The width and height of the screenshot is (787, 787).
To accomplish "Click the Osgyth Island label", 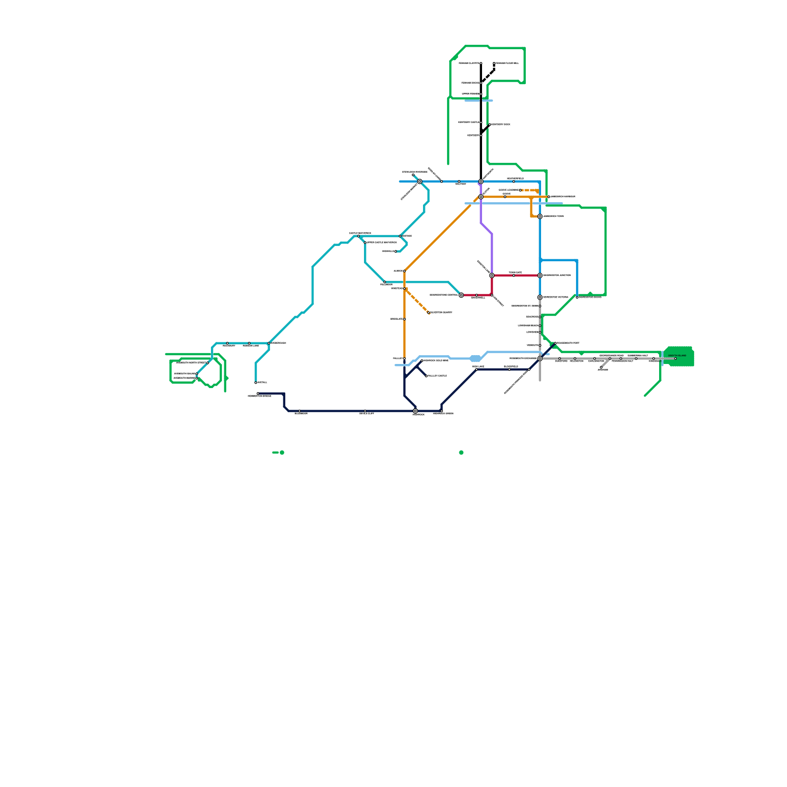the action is point(677,355).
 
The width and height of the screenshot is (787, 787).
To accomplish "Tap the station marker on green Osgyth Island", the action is point(675,359).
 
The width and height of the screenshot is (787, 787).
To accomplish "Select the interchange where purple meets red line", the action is point(492,275).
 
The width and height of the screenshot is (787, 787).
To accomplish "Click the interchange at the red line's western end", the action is point(461,295).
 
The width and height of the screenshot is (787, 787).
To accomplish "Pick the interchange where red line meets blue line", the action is point(540,275).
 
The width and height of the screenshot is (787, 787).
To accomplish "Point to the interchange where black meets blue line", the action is point(481,182).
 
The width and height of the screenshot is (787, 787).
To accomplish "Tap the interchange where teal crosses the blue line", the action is point(420,182).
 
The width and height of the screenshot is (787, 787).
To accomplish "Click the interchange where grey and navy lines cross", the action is point(540,359).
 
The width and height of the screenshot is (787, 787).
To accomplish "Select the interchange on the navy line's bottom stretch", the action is point(415,411).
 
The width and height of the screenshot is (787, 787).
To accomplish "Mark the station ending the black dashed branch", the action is point(494,63).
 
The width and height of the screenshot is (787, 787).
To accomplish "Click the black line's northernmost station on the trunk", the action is point(481,63).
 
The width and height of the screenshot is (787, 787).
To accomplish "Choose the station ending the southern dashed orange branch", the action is point(428,313).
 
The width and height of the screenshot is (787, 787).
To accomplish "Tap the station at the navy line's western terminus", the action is point(258,393).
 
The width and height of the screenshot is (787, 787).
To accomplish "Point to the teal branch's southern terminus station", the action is point(256,383).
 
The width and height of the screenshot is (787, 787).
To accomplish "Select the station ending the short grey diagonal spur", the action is point(601,367).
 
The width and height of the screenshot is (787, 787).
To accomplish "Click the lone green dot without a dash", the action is point(461,453).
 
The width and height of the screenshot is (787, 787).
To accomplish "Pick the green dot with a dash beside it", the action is point(282,453).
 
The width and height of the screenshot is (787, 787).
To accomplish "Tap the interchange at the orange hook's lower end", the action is point(540,216).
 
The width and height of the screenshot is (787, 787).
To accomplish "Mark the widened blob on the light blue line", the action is point(475,359).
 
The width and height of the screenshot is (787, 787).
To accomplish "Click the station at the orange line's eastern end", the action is point(548,197).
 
